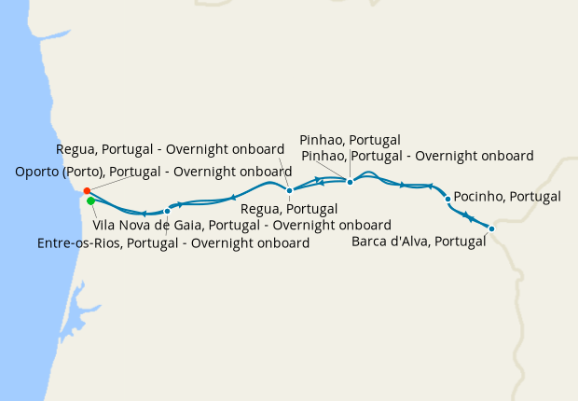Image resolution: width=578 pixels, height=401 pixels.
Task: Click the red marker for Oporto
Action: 87,191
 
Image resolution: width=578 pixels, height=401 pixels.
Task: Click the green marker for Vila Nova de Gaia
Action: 90,200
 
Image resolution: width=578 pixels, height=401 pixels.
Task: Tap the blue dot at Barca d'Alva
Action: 491,228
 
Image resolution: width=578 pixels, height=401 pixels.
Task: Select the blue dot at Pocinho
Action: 448,199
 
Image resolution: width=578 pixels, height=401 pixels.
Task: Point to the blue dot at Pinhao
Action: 350,182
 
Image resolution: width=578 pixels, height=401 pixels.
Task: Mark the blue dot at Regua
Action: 290,190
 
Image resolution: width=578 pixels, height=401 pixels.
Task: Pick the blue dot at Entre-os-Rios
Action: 167,211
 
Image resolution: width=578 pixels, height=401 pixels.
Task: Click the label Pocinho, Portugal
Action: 507,197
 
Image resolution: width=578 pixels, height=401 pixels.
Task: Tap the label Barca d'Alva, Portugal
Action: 420,242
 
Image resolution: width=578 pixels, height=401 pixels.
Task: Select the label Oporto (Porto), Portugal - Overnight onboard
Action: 154,172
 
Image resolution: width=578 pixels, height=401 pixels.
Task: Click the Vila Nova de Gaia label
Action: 242,225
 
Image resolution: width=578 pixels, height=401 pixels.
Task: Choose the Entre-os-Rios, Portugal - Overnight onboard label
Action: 173,243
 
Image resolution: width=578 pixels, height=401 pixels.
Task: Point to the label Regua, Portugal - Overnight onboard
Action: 171,149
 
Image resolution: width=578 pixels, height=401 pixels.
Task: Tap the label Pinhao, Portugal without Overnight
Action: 350,140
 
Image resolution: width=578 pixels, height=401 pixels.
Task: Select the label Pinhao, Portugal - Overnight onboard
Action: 418,156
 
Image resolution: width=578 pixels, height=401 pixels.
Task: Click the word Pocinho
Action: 476,197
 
